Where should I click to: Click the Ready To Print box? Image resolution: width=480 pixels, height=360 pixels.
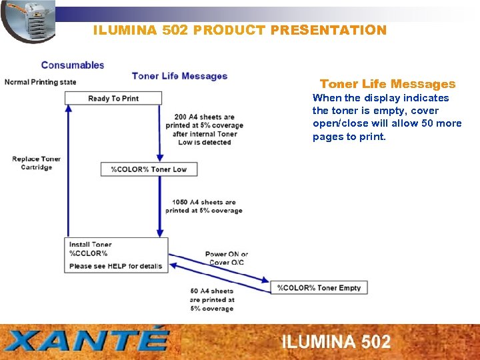[113, 99]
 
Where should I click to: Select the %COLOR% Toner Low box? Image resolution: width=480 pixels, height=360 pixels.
[149, 169]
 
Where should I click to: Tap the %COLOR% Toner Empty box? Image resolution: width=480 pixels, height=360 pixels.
[319, 288]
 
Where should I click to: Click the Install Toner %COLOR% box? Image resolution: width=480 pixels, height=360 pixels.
[116, 255]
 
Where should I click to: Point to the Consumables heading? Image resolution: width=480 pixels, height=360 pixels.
[73, 65]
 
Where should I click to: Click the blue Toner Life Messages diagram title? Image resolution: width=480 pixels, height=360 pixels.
[179, 76]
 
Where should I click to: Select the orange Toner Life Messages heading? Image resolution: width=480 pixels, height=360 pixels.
[387, 84]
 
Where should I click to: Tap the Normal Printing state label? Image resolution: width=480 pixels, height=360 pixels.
[41, 82]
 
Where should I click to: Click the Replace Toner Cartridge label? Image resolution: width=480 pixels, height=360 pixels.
[37, 163]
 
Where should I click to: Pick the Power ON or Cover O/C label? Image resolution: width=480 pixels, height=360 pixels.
[226, 258]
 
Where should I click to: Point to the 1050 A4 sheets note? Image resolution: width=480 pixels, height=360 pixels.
[203, 207]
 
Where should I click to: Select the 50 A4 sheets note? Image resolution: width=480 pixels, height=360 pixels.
[211, 300]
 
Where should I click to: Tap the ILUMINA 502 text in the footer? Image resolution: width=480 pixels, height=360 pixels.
[336, 342]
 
